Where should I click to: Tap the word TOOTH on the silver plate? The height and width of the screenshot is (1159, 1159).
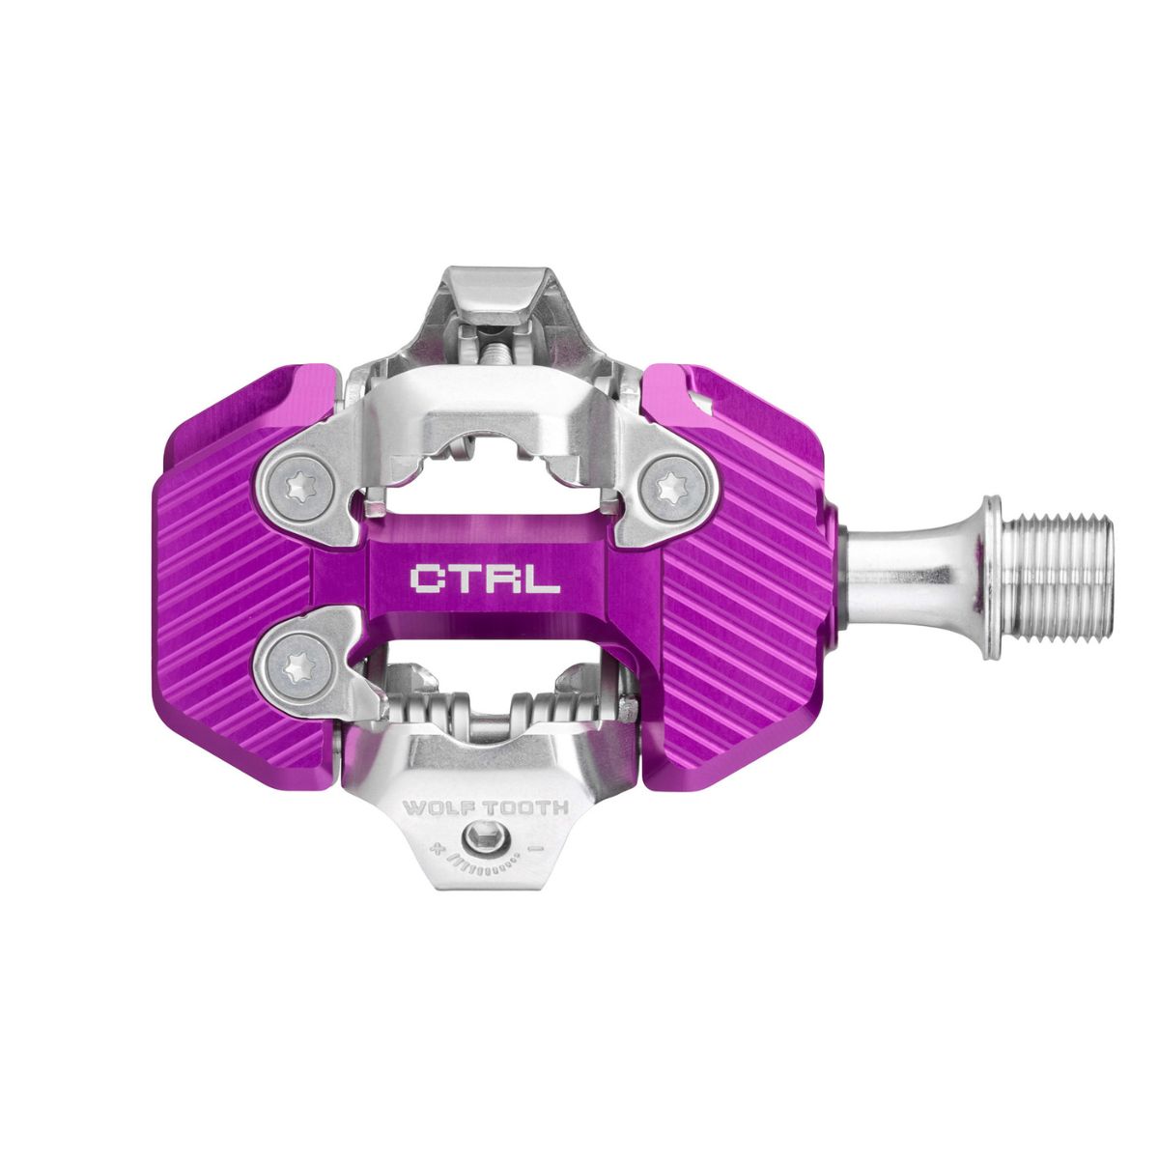click(x=528, y=807)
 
